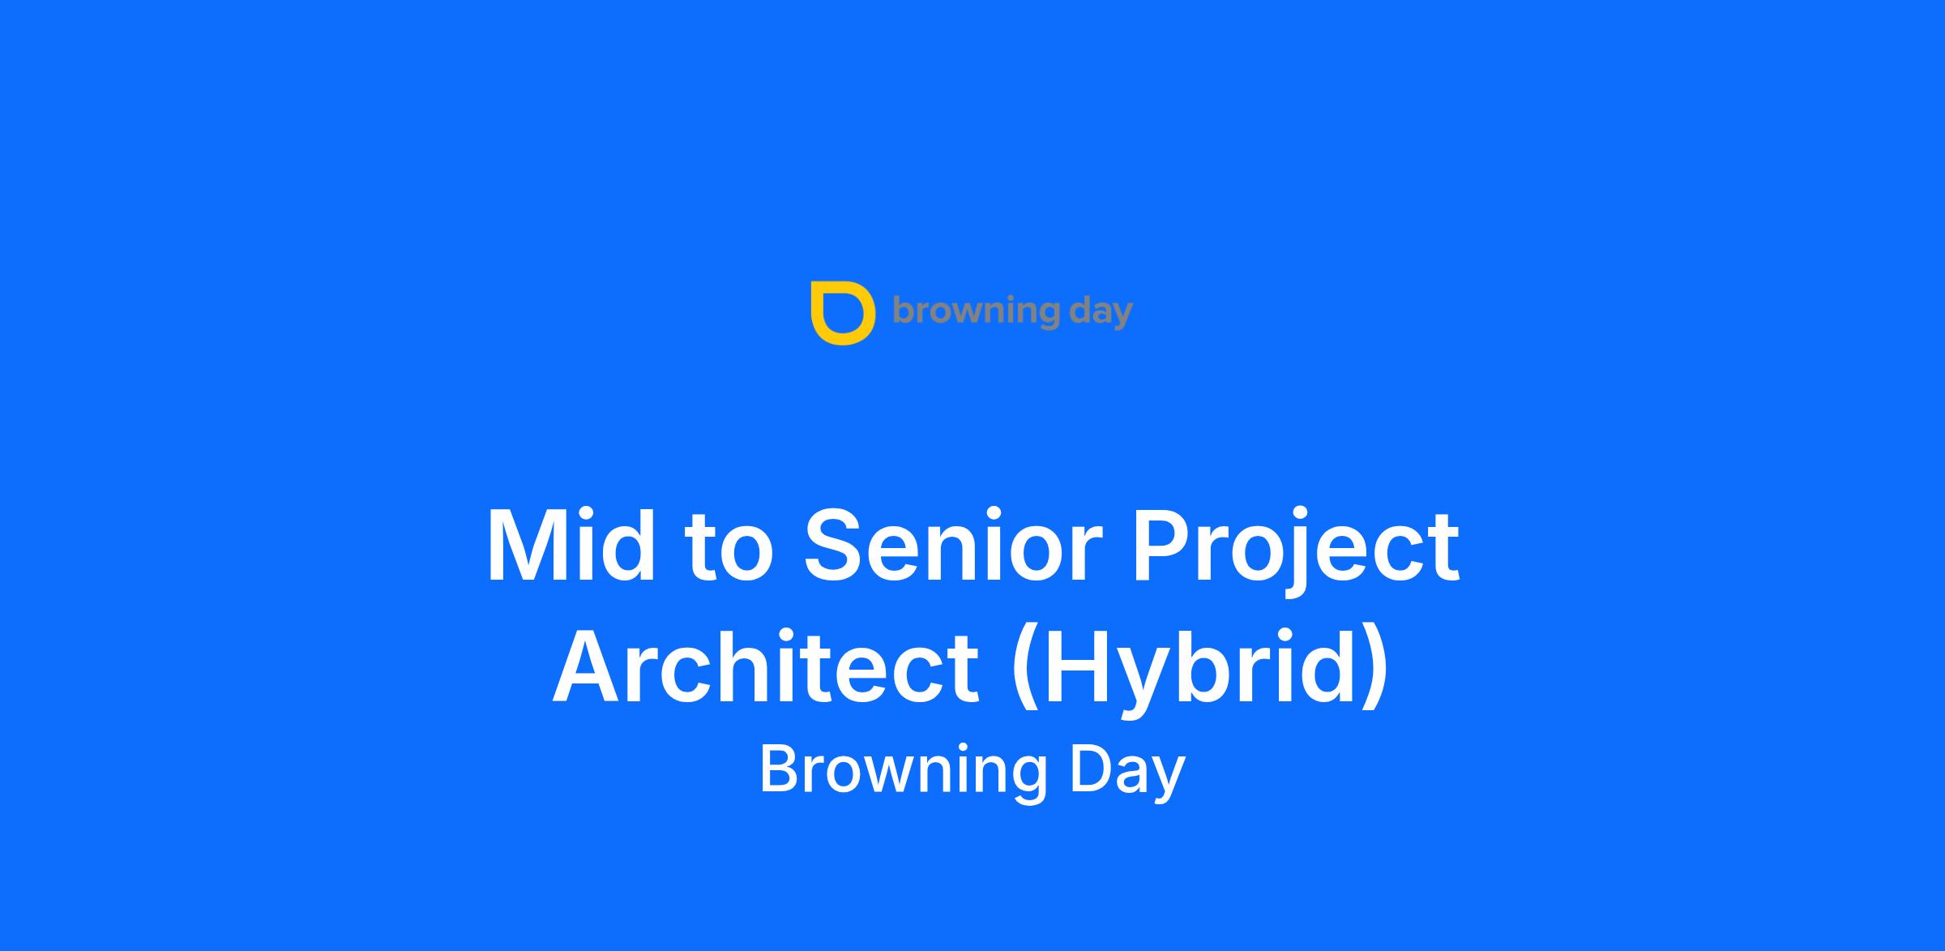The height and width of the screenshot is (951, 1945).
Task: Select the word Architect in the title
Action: pos(766,667)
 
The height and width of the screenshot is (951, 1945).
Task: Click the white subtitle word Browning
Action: pos(903,771)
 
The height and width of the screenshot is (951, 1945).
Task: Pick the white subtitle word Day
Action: pos(1127,771)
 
